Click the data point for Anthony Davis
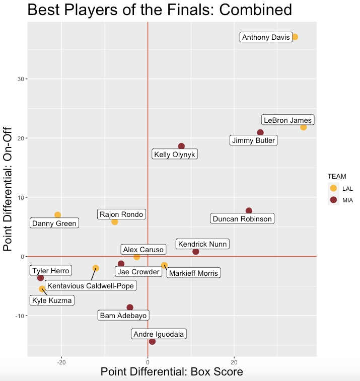[x=295, y=37]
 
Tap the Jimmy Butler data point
[x=260, y=133]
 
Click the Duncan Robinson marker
[x=249, y=211]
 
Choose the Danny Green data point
[x=57, y=215]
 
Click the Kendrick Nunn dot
[x=196, y=252]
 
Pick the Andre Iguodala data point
[x=152, y=341]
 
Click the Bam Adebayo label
[x=123, y=316]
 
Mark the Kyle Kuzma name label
[x=52, y=301]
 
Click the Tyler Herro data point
[x=41, y=278]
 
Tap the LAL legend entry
[x=333, y=188]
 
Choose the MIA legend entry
[x=333, y=199]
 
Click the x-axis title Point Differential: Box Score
[x=172, y=372]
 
